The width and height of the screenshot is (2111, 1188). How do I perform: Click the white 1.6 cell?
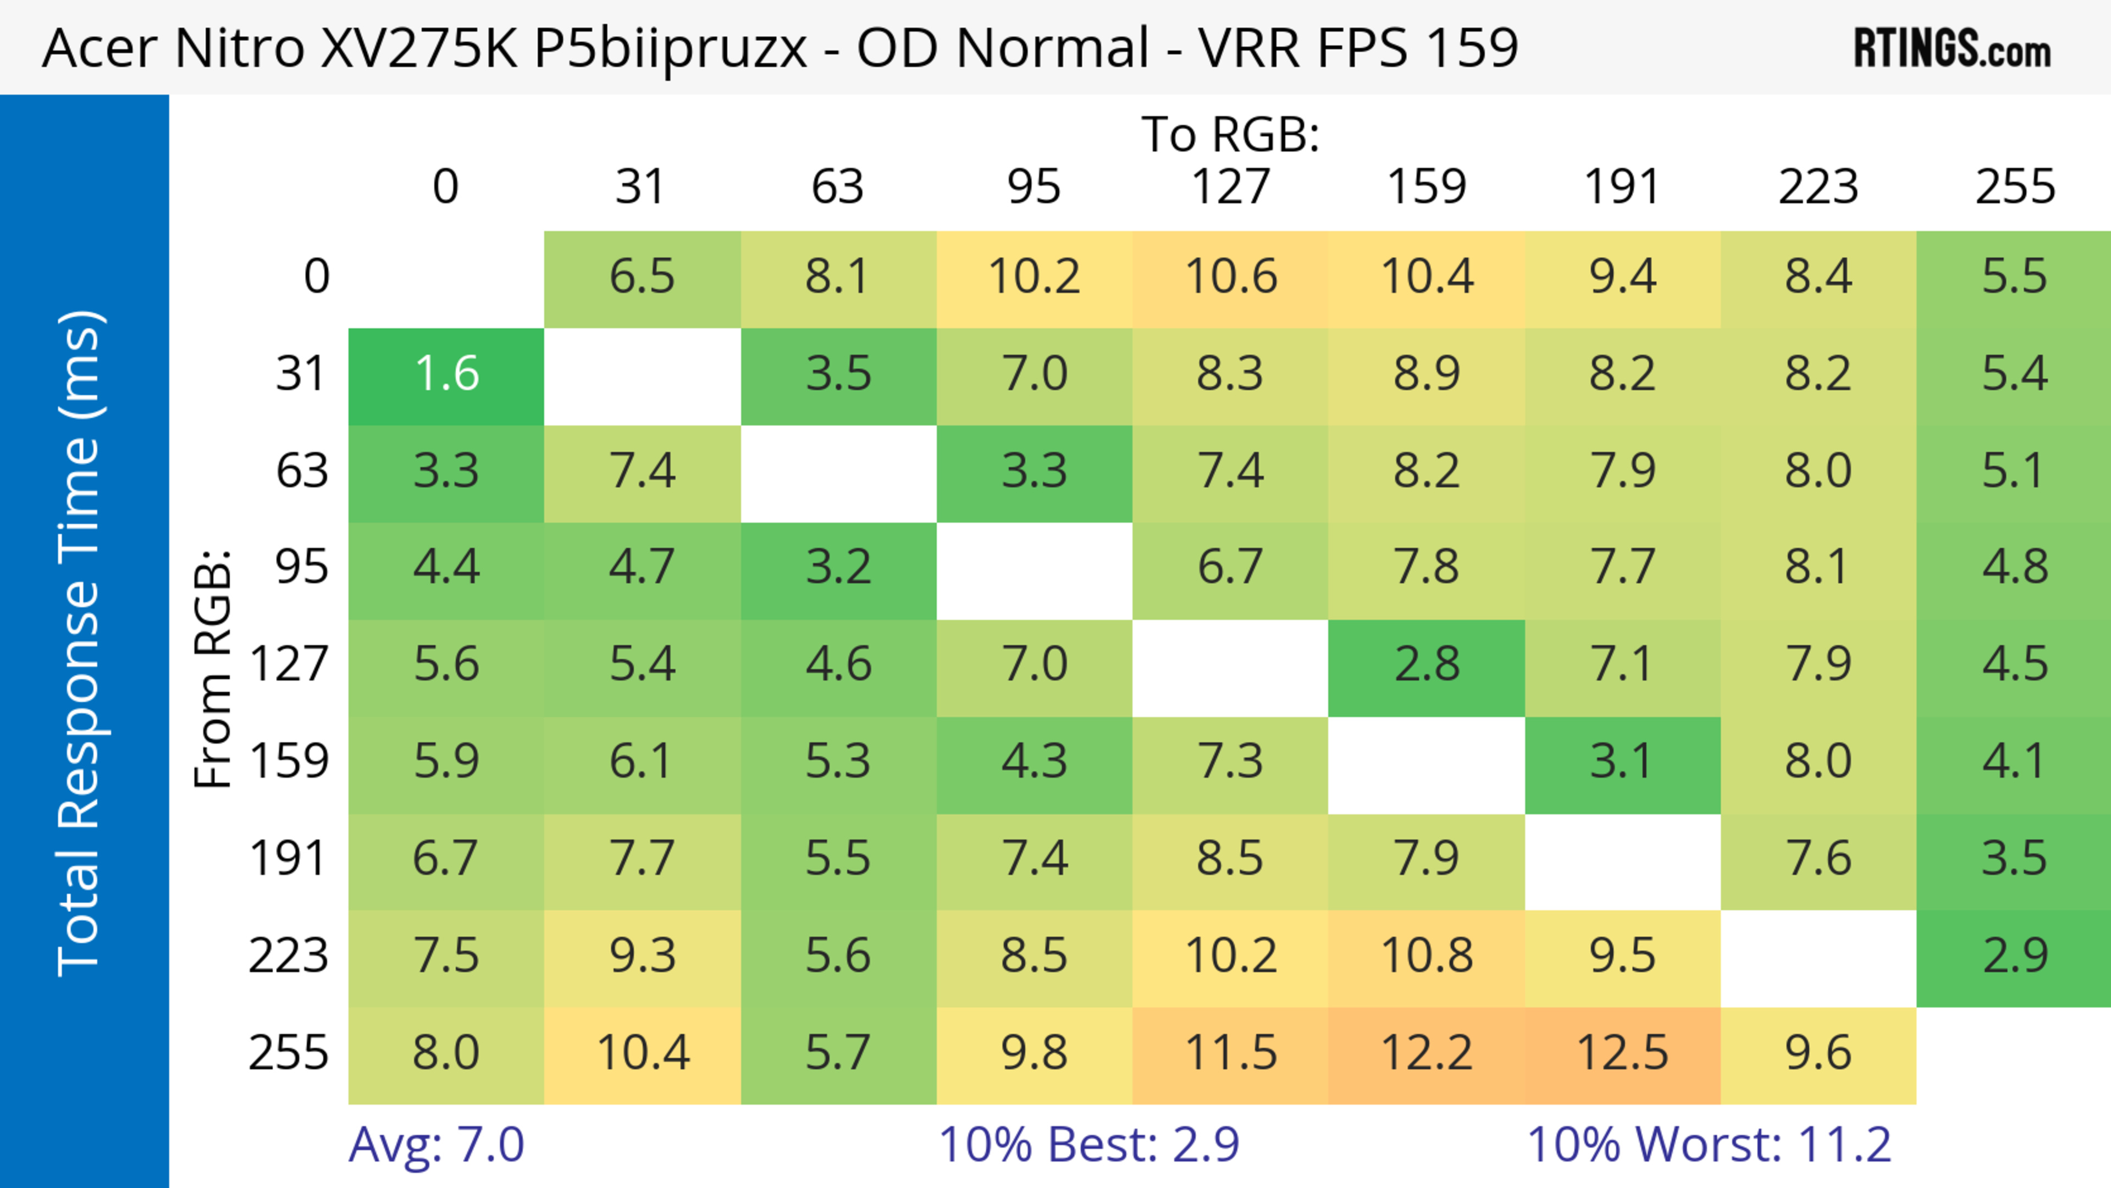coord(446,374)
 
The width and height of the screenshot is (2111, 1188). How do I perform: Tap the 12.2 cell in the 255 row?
coord(1426,1053)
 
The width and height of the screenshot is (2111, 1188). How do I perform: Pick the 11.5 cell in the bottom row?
coord(1230,1053)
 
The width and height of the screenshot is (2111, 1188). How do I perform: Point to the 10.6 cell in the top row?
coord(1230,276)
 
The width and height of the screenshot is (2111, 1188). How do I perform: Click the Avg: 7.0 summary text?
coord(436,1145)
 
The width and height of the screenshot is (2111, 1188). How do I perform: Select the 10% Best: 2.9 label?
coord(1088,1145)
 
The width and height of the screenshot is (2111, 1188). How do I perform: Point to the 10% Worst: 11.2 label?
coord(1709,1145)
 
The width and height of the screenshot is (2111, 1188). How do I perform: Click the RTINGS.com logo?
coord(1952,48)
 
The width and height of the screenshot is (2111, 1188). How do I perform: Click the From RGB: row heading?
coord(213,668)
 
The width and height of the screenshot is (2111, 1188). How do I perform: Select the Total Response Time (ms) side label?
coord(80,643)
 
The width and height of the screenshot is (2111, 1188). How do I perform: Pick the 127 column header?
coord(1230,187)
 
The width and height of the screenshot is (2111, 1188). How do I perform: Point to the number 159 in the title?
coord(1472,47)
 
